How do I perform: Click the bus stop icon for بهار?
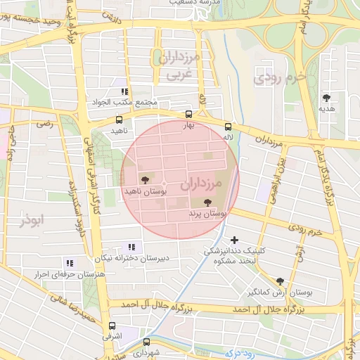(188, 114)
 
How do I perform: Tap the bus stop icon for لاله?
(227, 127)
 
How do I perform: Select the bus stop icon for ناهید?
(118, 120)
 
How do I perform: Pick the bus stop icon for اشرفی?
(112, 326)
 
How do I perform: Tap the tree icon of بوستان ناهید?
(145, 180)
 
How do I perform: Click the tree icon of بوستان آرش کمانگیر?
(281, 281)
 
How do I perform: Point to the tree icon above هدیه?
(326, 98)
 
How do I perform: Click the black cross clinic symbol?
(234, 240)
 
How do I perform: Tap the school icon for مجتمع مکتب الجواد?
(124, 91)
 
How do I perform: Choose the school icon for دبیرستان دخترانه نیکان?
(131, 246)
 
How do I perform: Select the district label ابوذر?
(32, 220)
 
